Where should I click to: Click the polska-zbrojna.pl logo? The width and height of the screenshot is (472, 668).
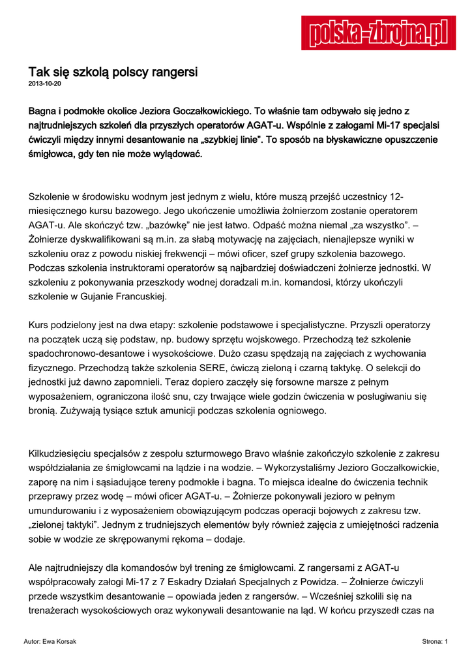coord(378,33)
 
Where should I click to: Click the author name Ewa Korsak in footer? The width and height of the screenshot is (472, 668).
coord(59,642)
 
